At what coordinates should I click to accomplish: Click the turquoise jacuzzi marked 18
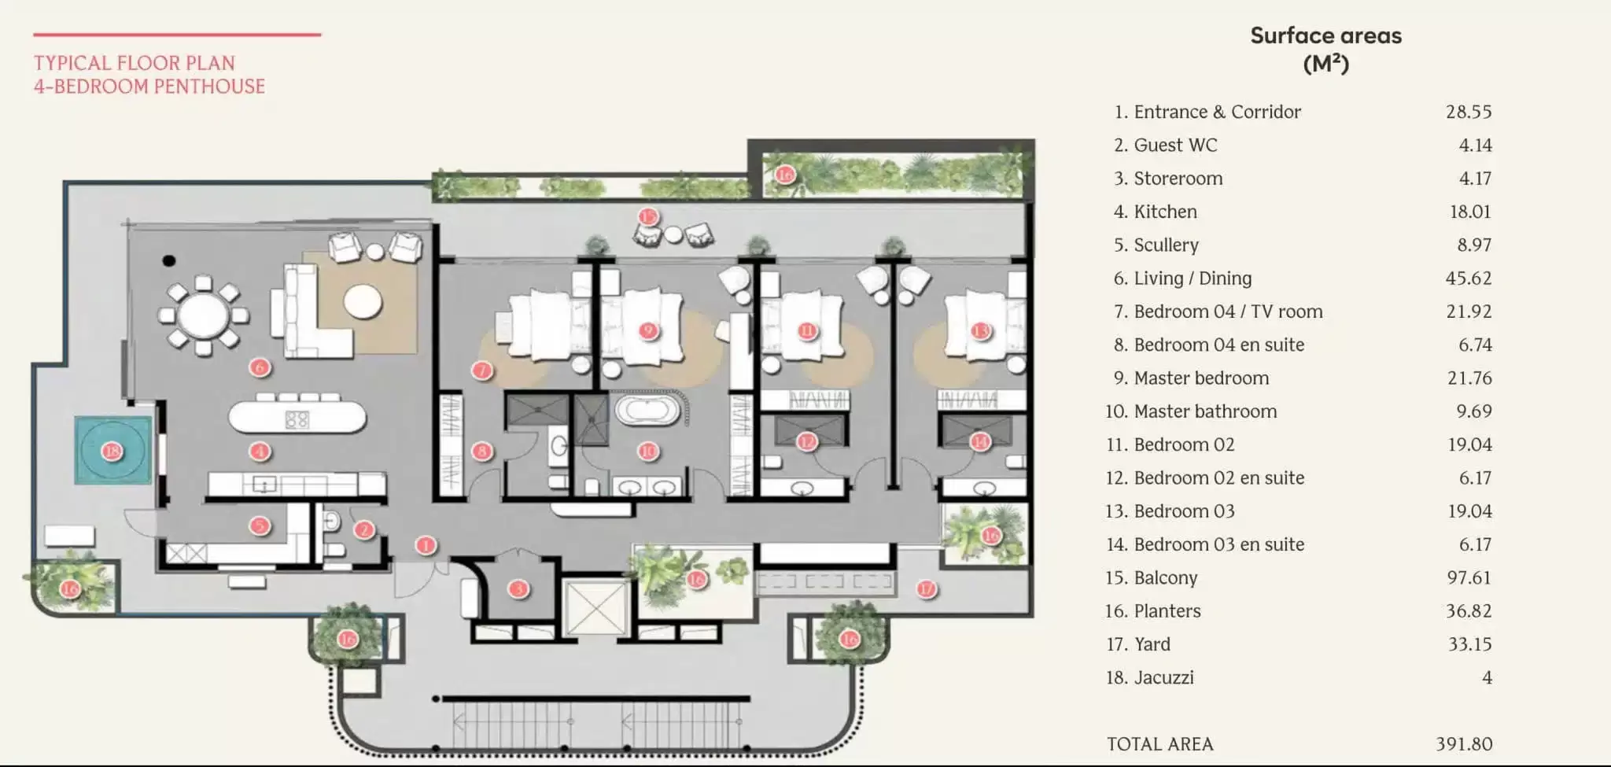coord(112,451)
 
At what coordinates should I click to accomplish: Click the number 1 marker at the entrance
coord(426,545)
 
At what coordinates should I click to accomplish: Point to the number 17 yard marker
coord(927,588)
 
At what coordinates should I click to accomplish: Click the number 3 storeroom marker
coord(518,588)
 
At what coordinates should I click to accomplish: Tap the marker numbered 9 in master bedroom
coord(648,330)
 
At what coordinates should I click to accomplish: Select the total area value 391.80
coord(1463,743)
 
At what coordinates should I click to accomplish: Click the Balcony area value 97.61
coord(1469,577)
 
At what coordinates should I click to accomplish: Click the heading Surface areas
coord(1325,36)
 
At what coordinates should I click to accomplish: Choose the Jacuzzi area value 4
coord(1487,677)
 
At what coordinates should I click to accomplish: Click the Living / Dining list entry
coord(1192,278)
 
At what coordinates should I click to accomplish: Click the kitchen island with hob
coord(297,418)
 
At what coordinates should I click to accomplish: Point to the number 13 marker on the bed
coord(980,330)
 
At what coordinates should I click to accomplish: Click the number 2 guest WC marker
coord(363,529)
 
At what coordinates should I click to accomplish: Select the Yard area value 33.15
coord(1469,644)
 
